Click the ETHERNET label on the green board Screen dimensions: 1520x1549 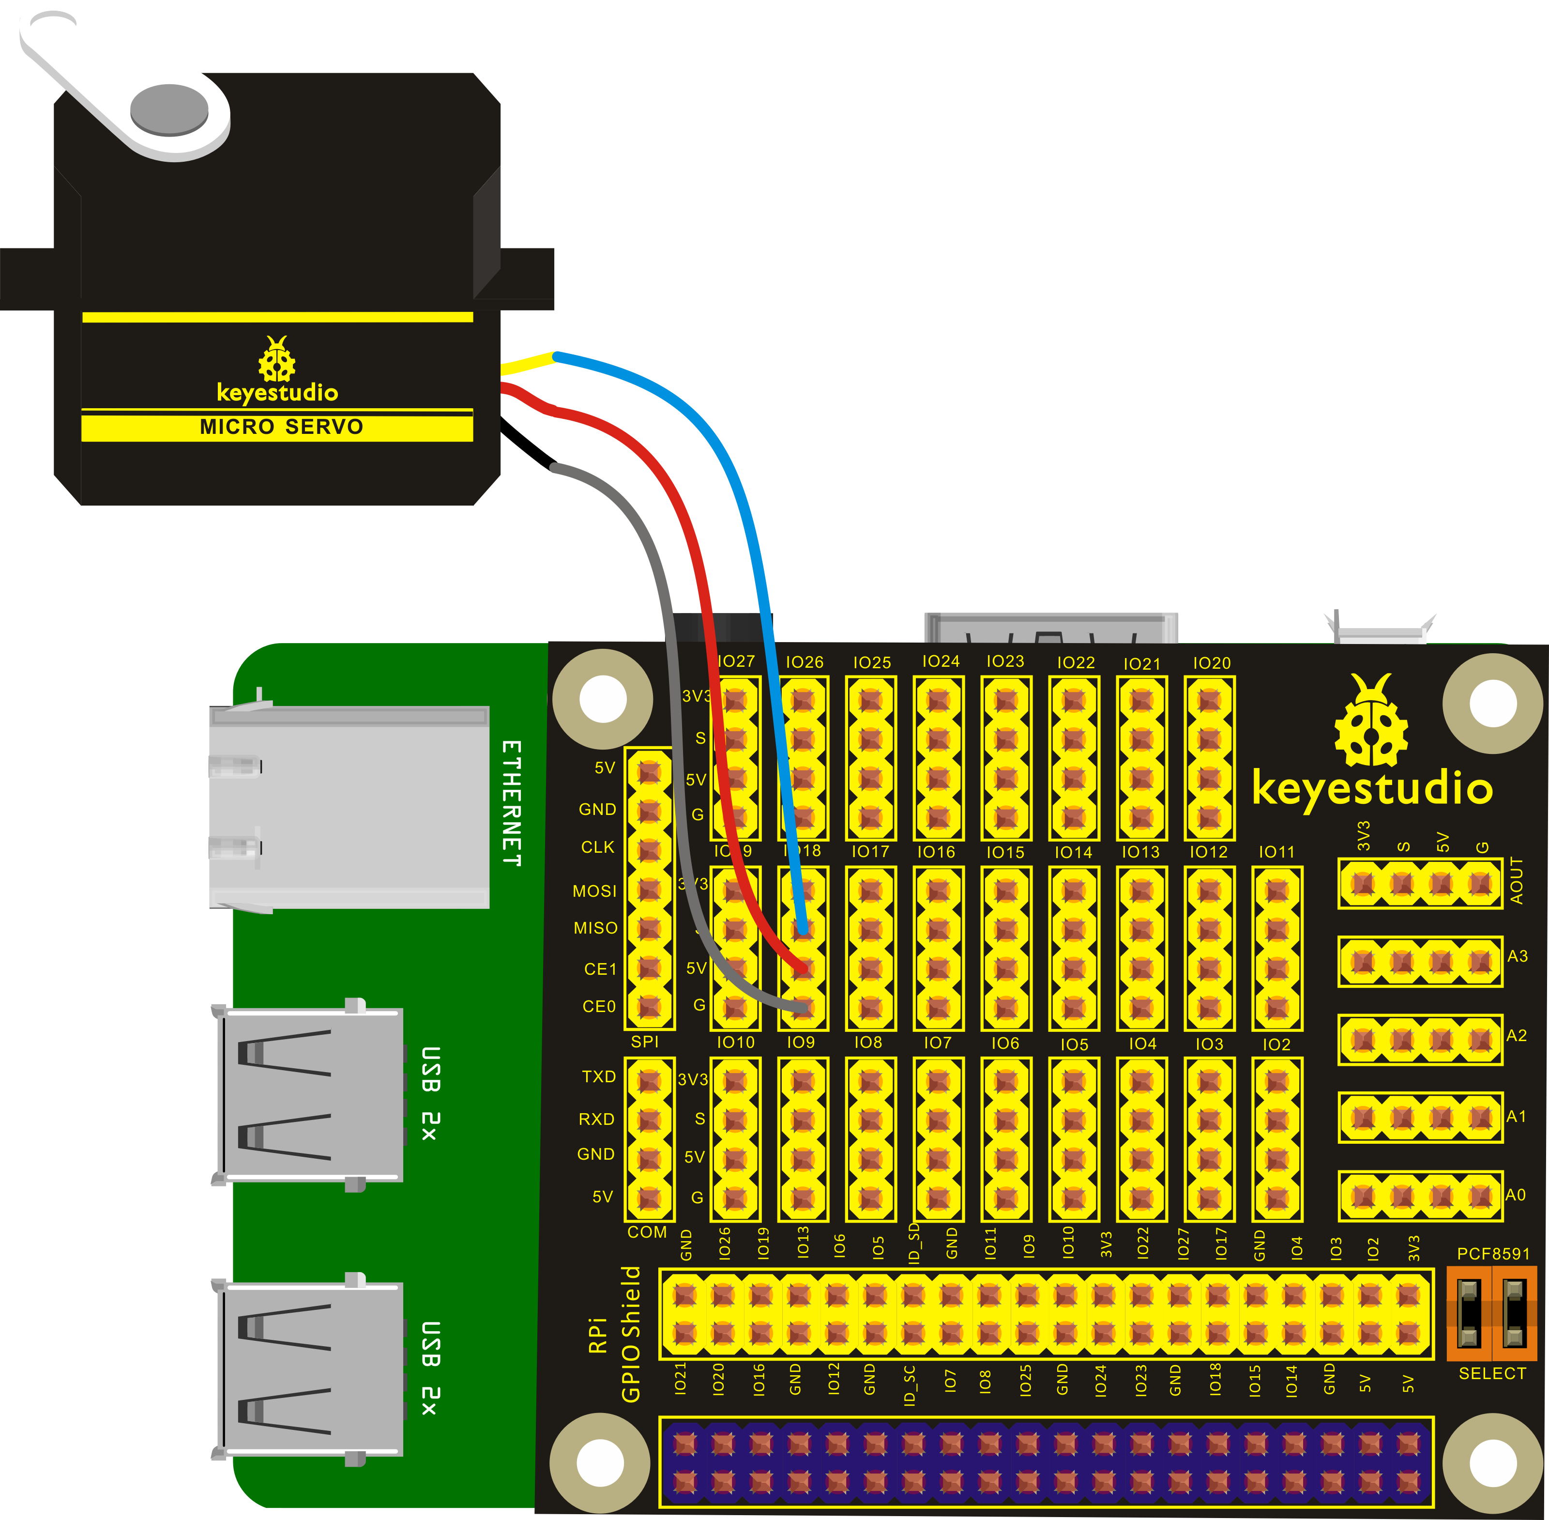point(512,802)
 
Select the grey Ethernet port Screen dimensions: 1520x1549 point(349,806)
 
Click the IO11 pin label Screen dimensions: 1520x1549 point(1276,852)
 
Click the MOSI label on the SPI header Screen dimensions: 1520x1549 point(594,891)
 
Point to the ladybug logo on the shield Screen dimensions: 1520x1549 point(1371,721)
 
